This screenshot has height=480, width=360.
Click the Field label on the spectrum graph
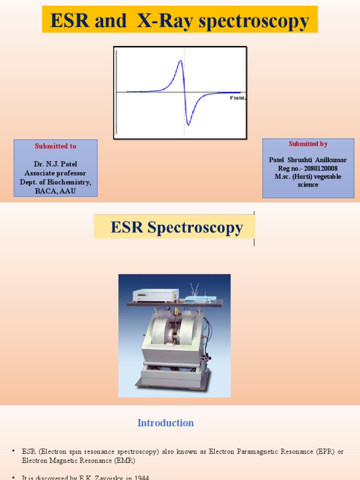click(x=237, y=97)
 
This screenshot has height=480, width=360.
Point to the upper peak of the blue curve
click(x=180, y=61)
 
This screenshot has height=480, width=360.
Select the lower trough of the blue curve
click(x=188, y=124)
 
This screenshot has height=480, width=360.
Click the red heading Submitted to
click(x=55, y=146)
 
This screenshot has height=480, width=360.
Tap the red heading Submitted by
click(x=308, y=144)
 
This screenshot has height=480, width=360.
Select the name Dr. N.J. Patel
click(x=55, y=165)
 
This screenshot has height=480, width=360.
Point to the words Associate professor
click(x=55, y=173)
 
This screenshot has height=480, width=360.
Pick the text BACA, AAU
click(x=55, y=191)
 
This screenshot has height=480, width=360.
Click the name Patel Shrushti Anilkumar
click(x=308, y=160)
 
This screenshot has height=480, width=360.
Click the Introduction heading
click(x=165, y=423)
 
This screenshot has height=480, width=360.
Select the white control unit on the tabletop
click(x=155, y=295)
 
